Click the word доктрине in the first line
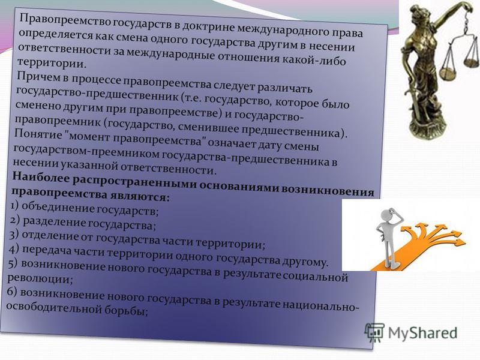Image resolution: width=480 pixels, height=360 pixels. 209,26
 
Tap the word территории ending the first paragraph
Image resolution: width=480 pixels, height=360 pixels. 50,63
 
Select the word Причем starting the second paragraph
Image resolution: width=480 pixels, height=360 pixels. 38,77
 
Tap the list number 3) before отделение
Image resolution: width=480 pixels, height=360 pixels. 14,235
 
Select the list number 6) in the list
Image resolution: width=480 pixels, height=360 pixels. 12,292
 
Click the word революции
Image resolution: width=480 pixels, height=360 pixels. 40,278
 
